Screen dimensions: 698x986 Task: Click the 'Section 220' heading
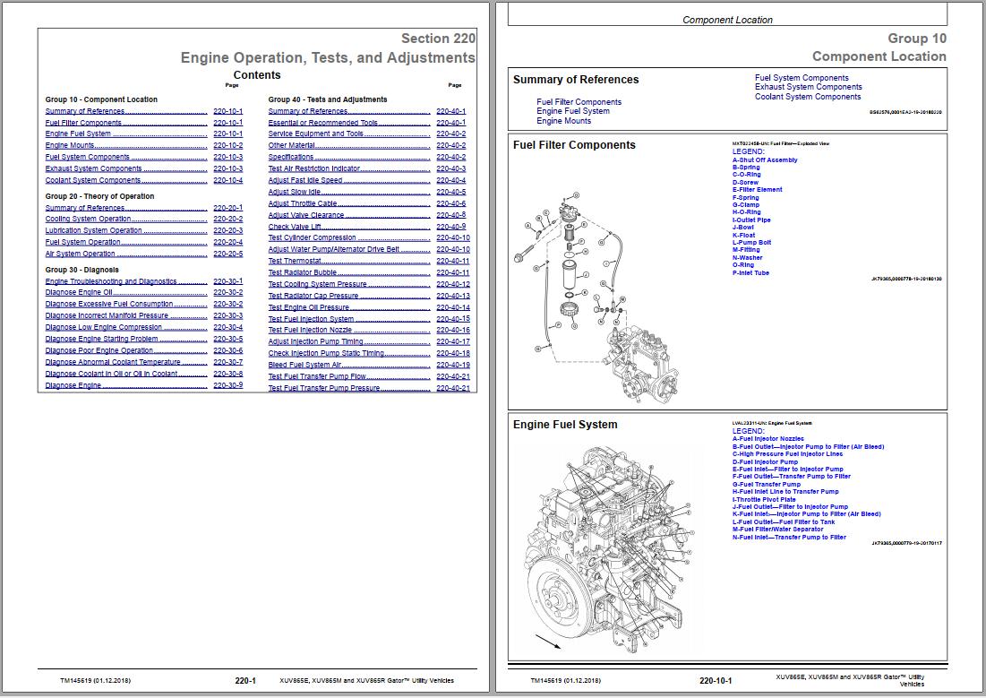(438, 39)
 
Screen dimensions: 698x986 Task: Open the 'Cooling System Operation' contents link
(89, 220)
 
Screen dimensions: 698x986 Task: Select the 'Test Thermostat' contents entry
(295, 262)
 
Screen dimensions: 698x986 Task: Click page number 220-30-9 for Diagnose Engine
(227, 386)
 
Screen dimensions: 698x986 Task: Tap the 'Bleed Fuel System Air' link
(305, 366)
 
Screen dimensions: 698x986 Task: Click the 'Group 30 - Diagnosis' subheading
(82, 270)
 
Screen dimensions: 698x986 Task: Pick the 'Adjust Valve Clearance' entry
(306, 215)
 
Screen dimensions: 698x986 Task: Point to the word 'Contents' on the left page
(256, 75)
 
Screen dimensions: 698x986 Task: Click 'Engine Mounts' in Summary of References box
(564, 121)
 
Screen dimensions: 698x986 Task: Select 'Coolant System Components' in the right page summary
(808, 97)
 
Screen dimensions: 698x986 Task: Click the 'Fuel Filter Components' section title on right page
(574, 145)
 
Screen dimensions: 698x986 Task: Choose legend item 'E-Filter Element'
(758, 190)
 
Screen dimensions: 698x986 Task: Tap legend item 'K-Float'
(744, 236)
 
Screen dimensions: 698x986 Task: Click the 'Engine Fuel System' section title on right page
(565, 425)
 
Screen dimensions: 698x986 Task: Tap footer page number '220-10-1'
(716, 681)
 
